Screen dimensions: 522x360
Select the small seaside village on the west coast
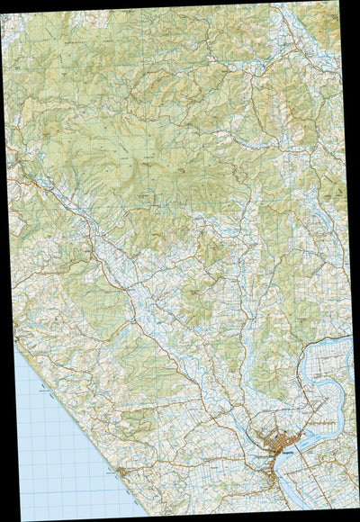point(120,471)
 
